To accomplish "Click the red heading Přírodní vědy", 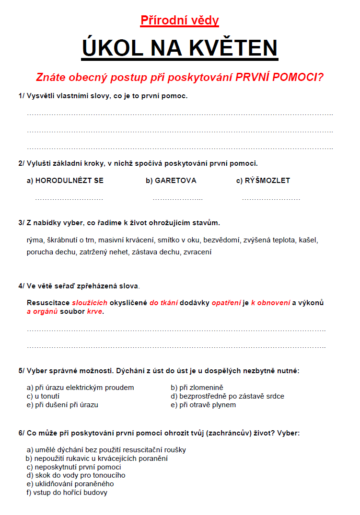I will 180,20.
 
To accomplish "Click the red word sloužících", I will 90,303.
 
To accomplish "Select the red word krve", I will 95,311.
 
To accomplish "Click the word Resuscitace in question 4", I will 48,303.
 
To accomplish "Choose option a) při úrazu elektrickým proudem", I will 81,388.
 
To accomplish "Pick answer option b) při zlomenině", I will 197,388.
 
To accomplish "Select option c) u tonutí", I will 43,396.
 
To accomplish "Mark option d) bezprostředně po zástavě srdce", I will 227,396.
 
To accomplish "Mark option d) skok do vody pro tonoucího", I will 76,475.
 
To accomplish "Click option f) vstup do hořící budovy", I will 67,492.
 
